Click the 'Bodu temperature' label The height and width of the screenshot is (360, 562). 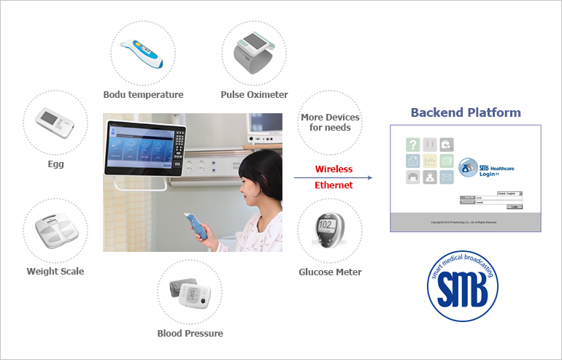pos(143,94)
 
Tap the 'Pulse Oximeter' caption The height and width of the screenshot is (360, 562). pos(254,94)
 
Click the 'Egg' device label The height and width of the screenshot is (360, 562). pos(55,164)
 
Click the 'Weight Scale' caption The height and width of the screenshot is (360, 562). pos(55,272)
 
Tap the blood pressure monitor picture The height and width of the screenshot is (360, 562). pos(190,292)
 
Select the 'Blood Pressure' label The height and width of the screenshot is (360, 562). pos(190,334)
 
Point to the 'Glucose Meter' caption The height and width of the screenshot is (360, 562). pos(330,272)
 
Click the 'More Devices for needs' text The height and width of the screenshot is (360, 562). pos(330,122)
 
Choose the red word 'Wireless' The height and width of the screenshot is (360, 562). pos(334,169)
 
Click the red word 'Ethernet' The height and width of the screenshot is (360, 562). pos(334,185)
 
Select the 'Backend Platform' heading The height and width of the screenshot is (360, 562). pos(466,112)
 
